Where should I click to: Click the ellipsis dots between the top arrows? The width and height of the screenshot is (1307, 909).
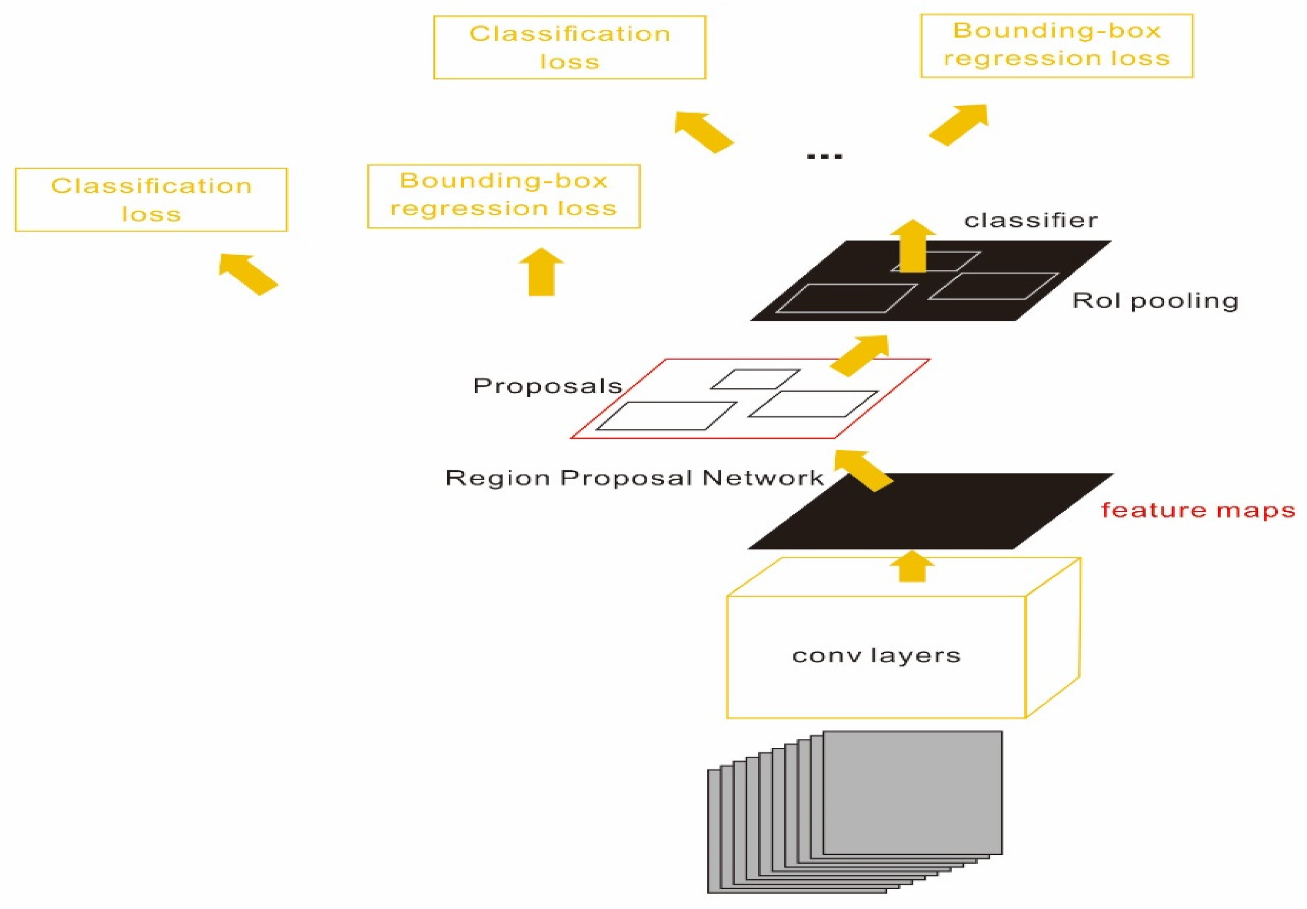click(825, 156)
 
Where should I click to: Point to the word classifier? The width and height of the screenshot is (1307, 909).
click(1031, 220)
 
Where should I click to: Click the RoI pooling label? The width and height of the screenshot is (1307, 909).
click(1155, 301)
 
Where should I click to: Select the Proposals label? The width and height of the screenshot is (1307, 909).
click(548, 386)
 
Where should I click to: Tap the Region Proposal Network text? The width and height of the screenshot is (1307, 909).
click(634, 478)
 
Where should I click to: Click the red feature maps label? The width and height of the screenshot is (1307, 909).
click(1198, 510)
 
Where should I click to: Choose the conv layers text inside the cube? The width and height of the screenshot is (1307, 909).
click(876, 655)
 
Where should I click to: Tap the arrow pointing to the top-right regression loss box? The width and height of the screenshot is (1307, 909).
click(959, 125)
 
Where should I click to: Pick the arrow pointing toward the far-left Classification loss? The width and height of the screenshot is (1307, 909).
click(248, 274)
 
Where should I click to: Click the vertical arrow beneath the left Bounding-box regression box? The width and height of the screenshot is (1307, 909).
click(542, 272)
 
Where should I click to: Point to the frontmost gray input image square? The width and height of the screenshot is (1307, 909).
click(912, 792)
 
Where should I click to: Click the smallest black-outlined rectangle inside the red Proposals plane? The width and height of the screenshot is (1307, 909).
click(756, 379)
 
